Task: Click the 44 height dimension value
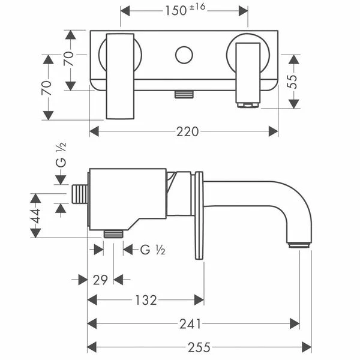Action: pyautogui.click(x=36, y=215)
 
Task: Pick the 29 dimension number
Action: pyautogui.click(x=101, y=280)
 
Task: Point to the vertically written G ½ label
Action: pyautogui.click(x=60, y=155)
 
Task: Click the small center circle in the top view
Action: pyautogui.click(x=184, y=55)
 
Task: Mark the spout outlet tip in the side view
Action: pyautogui.click(x=299, y=244)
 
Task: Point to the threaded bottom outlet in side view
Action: pyautogui.click(x=113, y=233)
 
